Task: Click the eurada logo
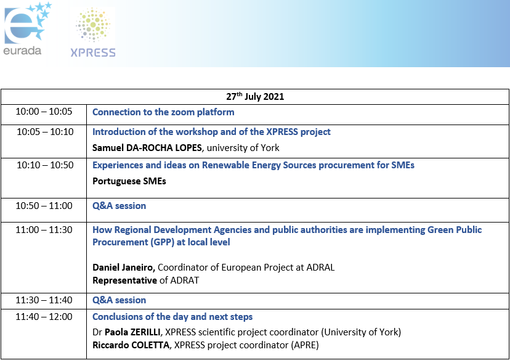pos(26,28)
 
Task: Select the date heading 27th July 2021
pos(255,96)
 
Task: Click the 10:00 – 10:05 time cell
pos(44,112)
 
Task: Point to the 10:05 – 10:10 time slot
pos(45,131)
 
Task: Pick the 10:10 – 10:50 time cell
pos(45,165)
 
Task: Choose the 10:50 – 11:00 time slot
pos(44,205)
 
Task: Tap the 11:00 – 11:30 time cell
pos(44,229)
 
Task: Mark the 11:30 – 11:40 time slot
pos(44,300)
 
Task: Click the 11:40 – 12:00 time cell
pos(44,316)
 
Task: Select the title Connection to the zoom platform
pos(163,112)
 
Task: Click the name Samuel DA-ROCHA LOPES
pos(147,148)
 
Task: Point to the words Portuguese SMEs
pos(129,181)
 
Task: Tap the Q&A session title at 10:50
pos(119,206)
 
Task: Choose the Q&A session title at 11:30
pos(119,300)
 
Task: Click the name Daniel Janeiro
pos(123,268)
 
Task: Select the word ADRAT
pos(185,280)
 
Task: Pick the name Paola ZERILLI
pos(132,332)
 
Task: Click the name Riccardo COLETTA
pos(131,345)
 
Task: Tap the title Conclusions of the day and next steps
pos(172,317)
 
